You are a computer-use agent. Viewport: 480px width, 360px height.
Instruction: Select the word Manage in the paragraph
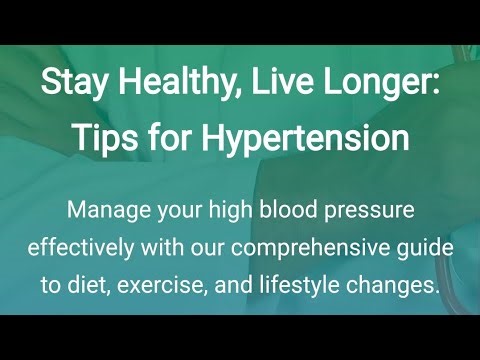(x=106, y=212)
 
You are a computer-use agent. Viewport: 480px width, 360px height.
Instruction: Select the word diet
(x=88, y=285)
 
